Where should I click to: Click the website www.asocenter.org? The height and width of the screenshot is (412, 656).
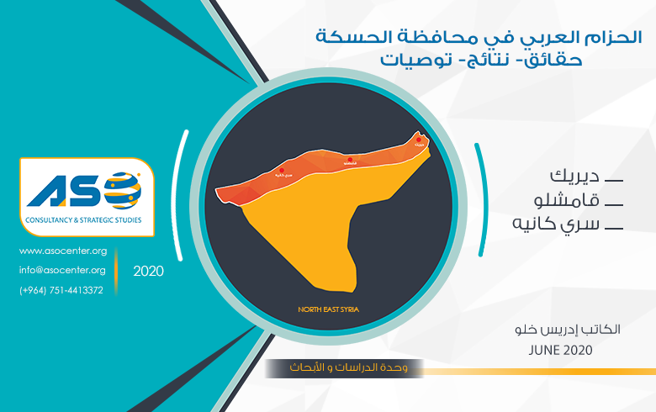pyautogui.click(x=63, y=251)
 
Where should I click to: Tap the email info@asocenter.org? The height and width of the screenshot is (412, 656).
pyautogui.click(x=63, y=270)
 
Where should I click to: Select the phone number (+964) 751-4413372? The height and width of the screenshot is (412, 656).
pyautogui.click(x=61, y=290)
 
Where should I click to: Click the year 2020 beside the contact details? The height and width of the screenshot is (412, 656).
pyautogui.click(x=148, y=272)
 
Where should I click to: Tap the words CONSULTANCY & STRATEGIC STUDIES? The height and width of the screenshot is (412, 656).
pyautogui.click(x=83, y=220)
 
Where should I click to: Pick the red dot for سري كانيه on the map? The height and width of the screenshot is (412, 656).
pyautogui.click(x=279, y=169)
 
